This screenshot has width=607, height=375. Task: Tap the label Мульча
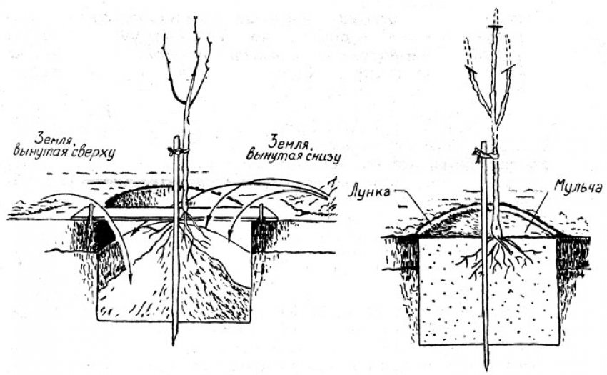pyautogui.click(x=578, y=186)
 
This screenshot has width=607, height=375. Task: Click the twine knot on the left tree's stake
pyautogui.click(x=178, y=150)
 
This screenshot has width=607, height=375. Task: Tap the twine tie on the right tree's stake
pyautogui.click(x=486, y=155)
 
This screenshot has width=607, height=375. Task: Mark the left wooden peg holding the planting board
pyautogui.click(x=91, y=214)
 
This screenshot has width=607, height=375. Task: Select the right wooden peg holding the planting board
pyautogui.click(x=262, y=212)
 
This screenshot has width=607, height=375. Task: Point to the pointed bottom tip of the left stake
pyautogui.click(x=174, y=344)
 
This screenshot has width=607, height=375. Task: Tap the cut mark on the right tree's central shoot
pyautogui.click(x=495, y=26)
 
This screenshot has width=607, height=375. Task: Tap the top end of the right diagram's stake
pyautogui.click(x=483, y=143)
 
